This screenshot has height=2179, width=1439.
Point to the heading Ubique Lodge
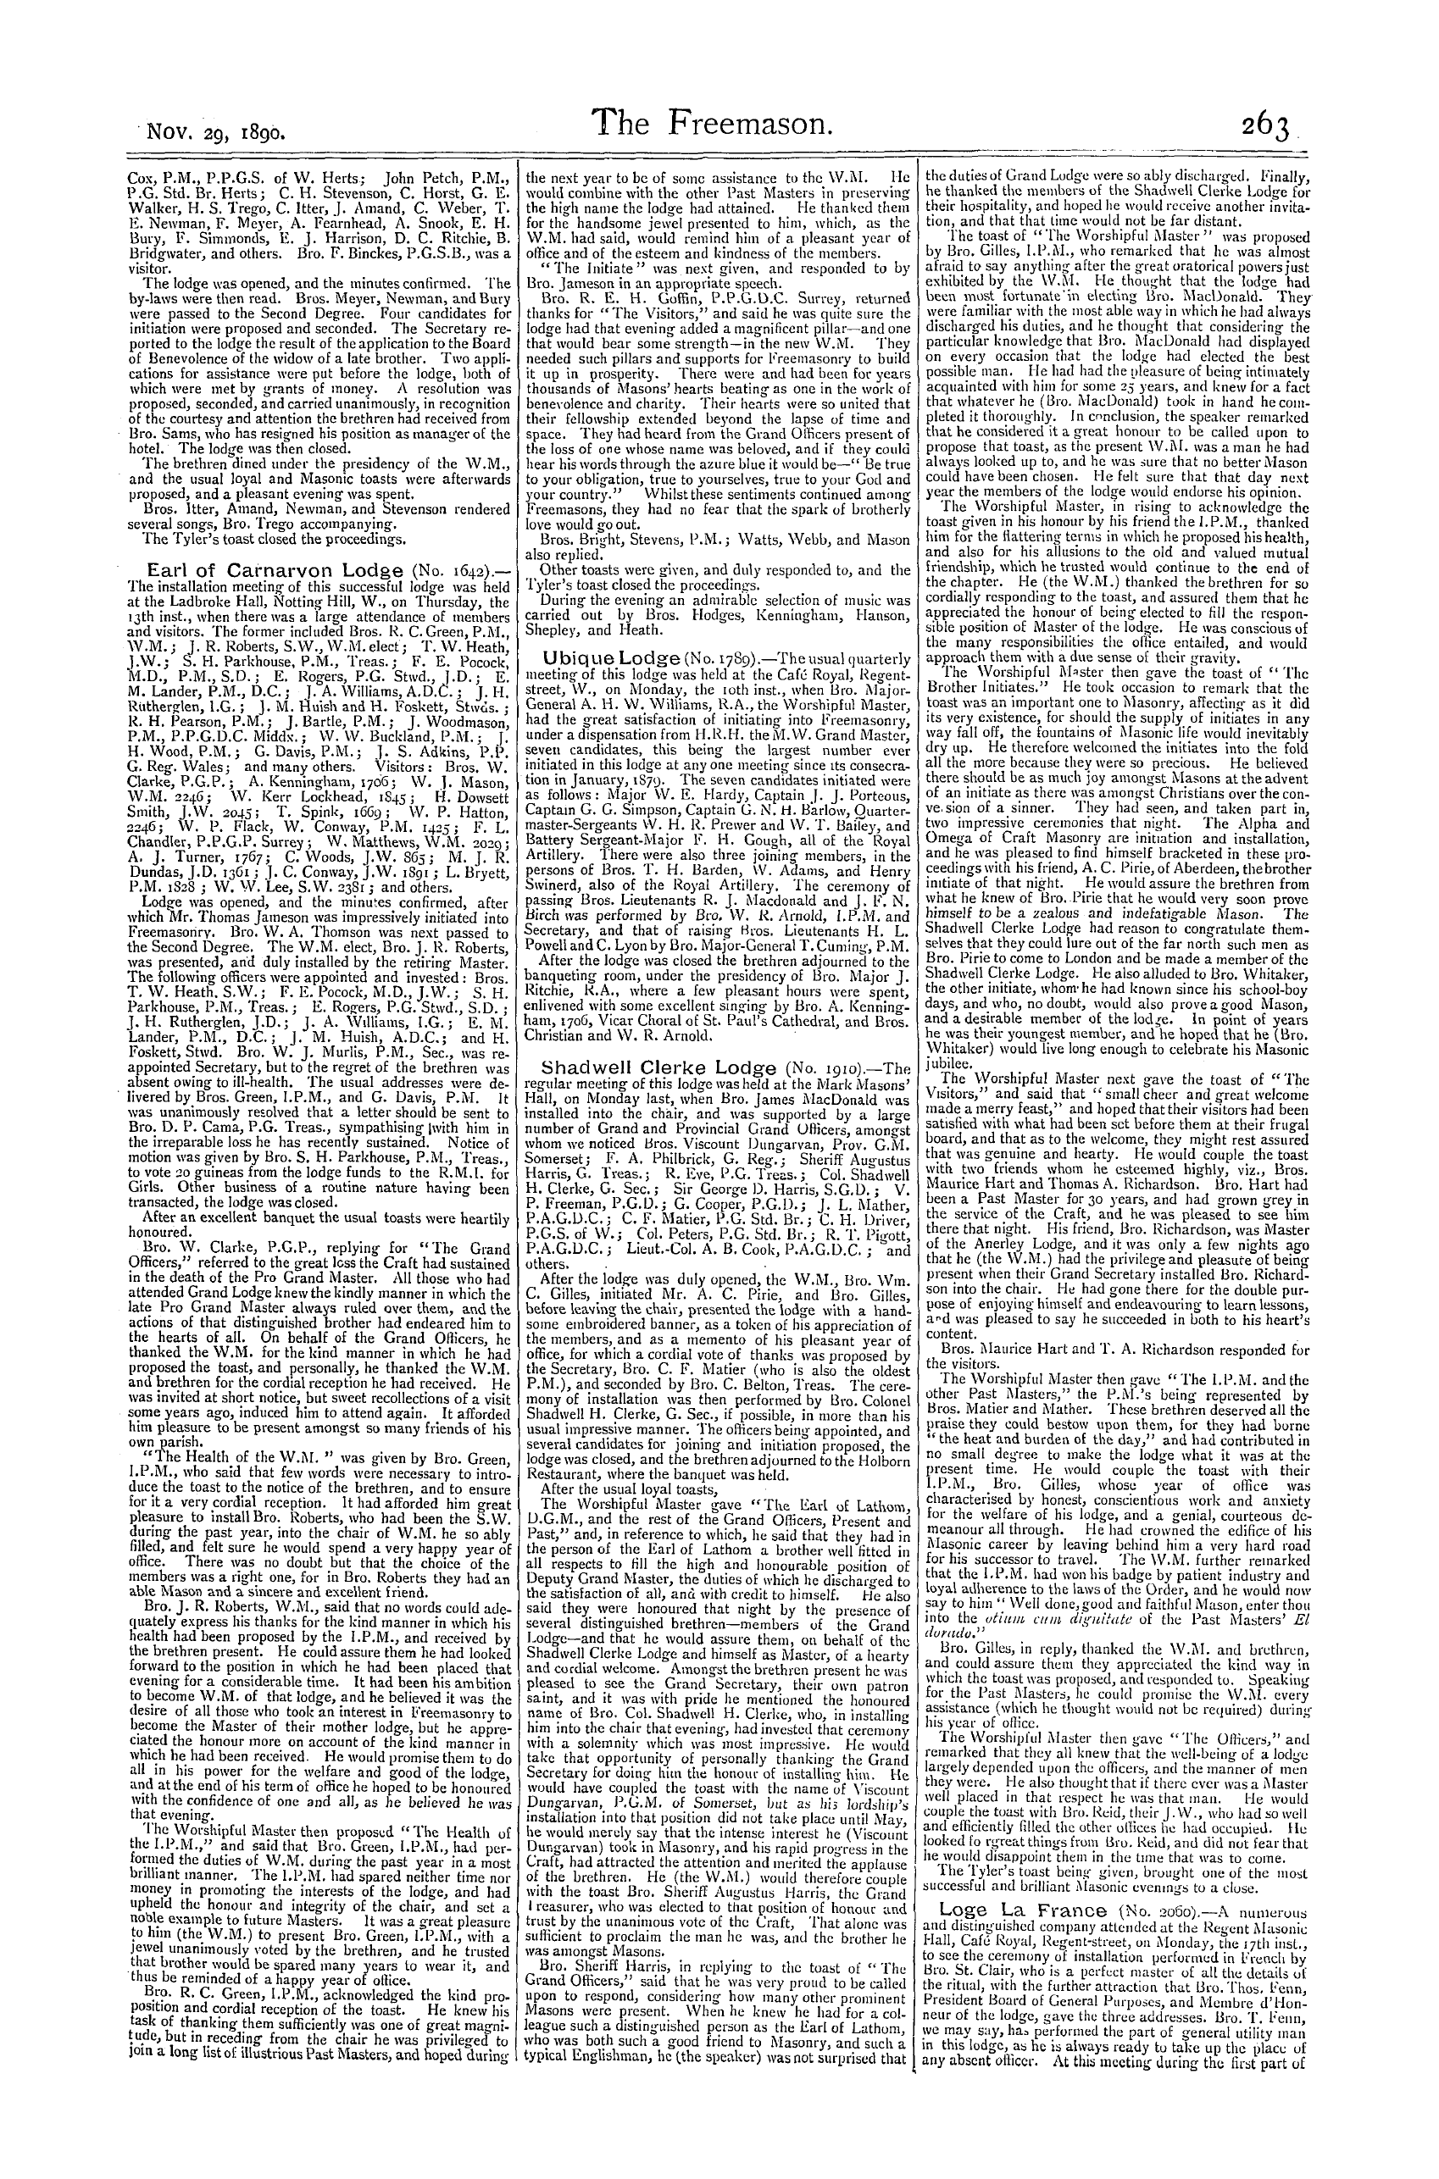pos(600,657)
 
